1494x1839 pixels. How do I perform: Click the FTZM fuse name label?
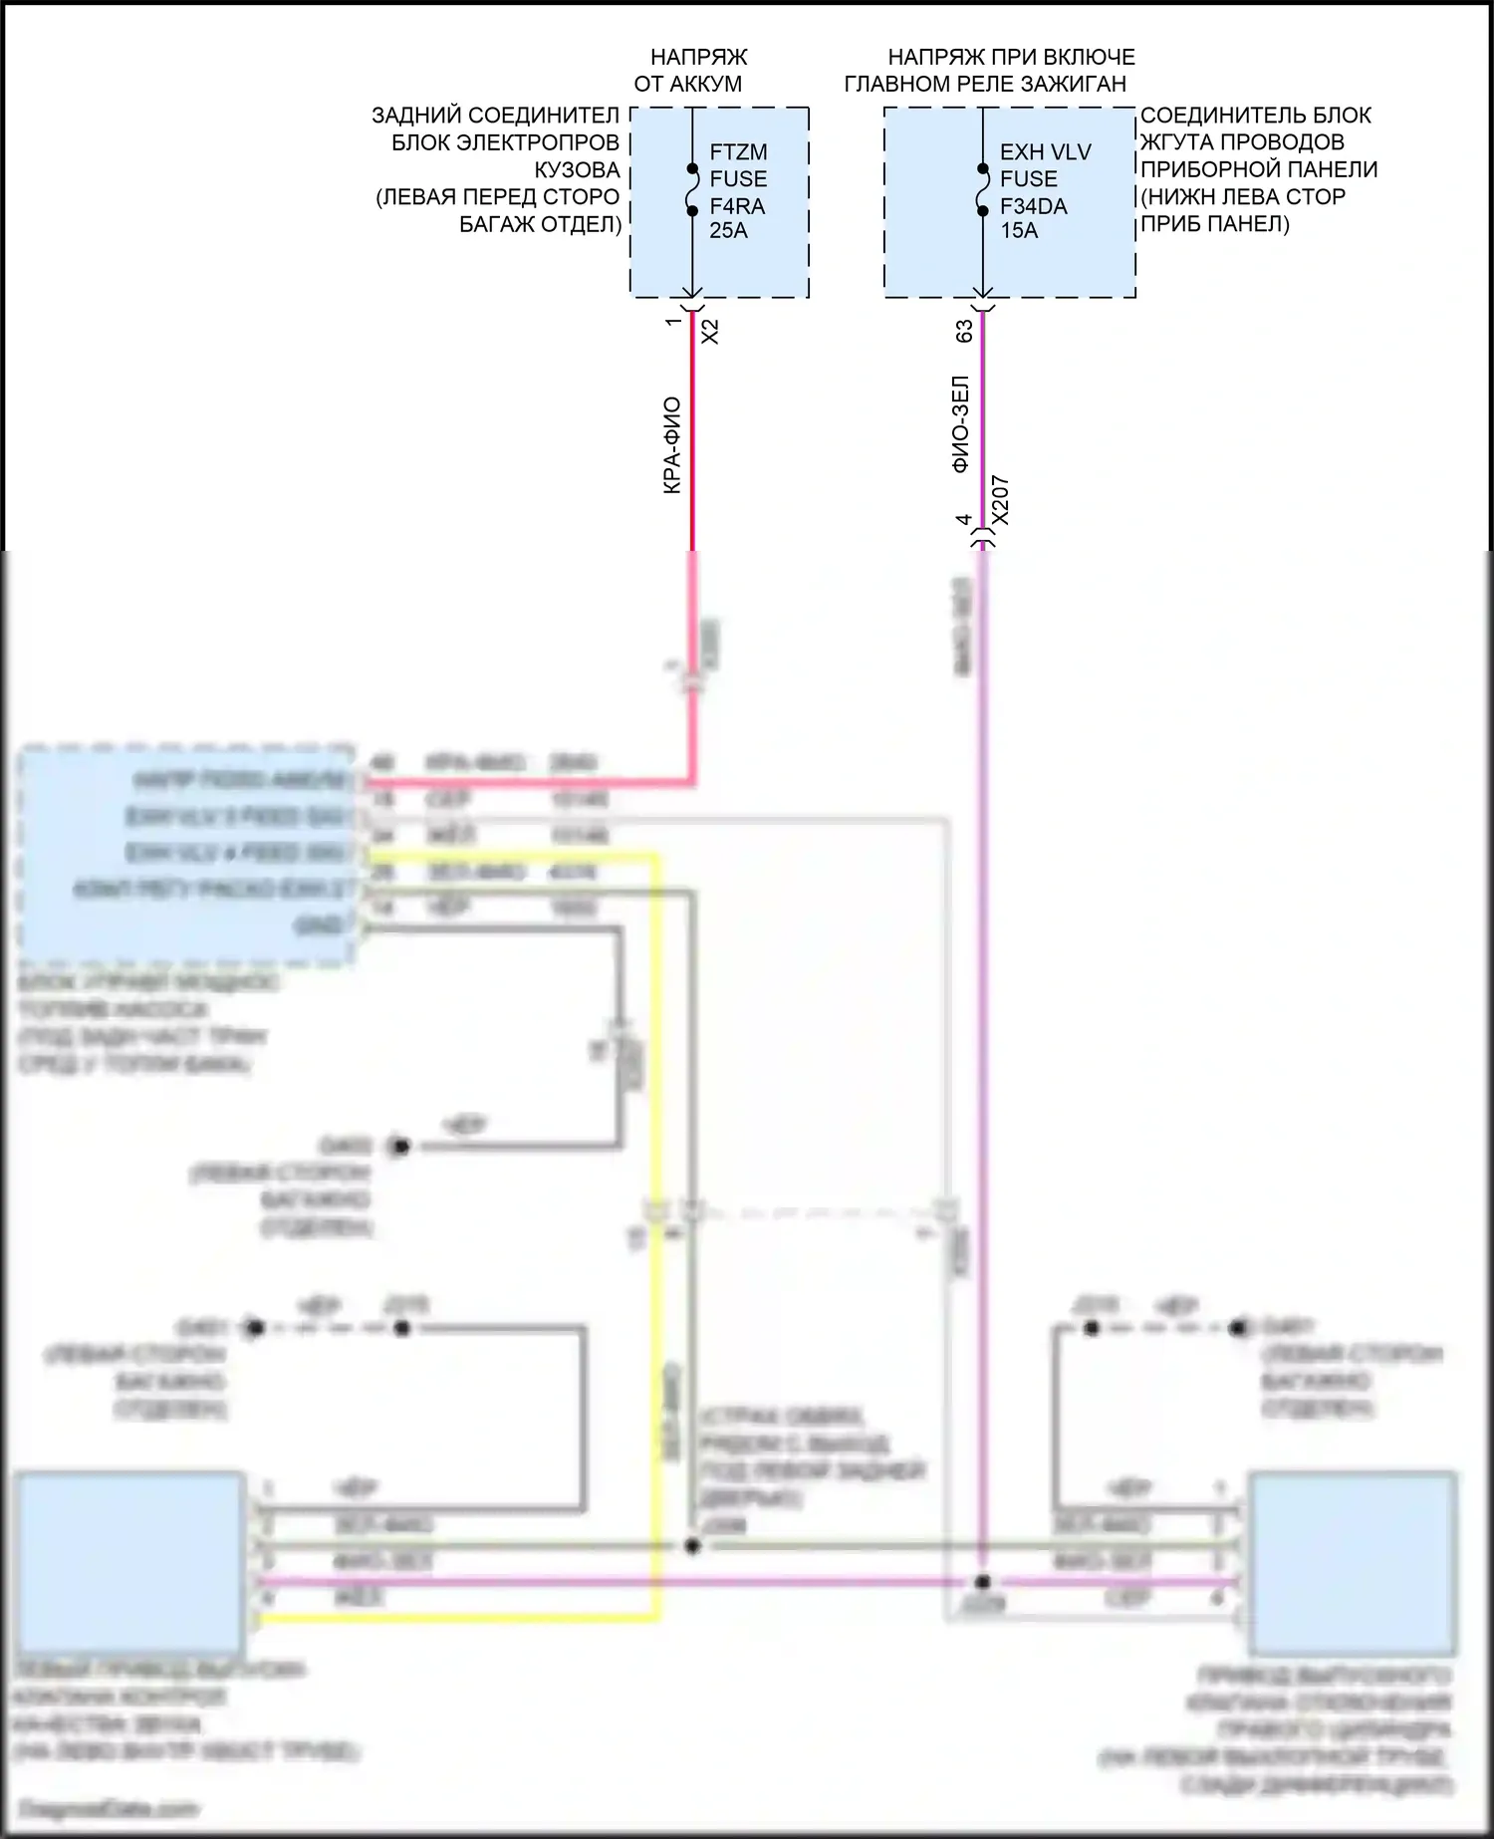738,152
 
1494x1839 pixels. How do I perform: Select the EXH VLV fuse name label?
1046,152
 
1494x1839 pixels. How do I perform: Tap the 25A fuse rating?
728,231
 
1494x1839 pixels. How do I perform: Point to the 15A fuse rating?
1019,231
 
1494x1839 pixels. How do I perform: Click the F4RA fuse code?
737,206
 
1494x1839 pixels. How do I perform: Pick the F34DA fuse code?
1033,206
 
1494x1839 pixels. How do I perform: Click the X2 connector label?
710,331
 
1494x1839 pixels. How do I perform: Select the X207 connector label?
1001,500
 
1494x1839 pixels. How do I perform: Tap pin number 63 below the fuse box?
964,331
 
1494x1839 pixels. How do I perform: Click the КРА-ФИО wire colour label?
672,445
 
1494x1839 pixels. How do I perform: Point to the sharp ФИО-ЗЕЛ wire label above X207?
961,423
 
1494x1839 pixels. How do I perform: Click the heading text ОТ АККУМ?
687,84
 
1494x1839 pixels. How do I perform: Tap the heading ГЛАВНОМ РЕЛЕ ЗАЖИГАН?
985,84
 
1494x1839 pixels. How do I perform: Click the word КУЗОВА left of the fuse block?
577,169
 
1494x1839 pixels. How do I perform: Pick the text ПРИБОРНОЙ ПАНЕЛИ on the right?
1259,169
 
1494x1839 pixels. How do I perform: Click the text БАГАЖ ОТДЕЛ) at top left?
540,224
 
